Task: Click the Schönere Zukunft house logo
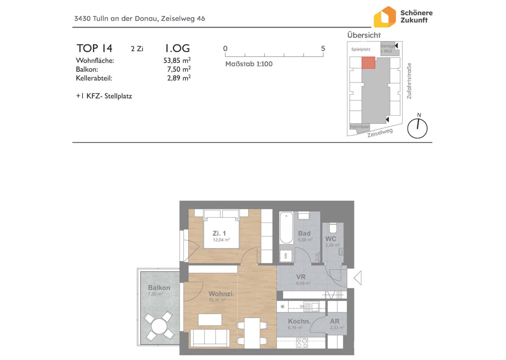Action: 385,17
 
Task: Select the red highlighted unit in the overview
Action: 368,63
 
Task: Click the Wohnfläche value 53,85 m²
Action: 177,60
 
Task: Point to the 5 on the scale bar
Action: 323,48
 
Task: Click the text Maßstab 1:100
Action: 249,64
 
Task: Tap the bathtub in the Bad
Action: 286,228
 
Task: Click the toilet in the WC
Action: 333,228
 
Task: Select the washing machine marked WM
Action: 286,256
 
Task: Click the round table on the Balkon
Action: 159,326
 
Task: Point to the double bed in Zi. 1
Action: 221,229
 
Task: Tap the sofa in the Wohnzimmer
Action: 210,338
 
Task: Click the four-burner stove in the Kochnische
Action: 302,343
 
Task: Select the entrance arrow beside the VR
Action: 358,278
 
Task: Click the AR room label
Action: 335,321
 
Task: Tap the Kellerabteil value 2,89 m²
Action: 179,78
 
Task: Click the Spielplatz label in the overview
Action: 361,49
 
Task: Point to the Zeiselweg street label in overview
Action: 380,133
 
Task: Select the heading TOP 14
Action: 94,48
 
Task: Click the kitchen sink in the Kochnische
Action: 312,307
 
